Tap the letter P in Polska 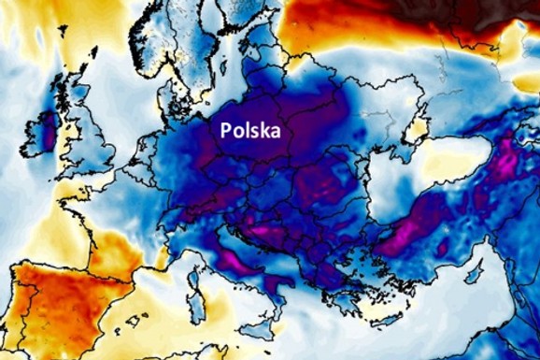click(x=226, y=131)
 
